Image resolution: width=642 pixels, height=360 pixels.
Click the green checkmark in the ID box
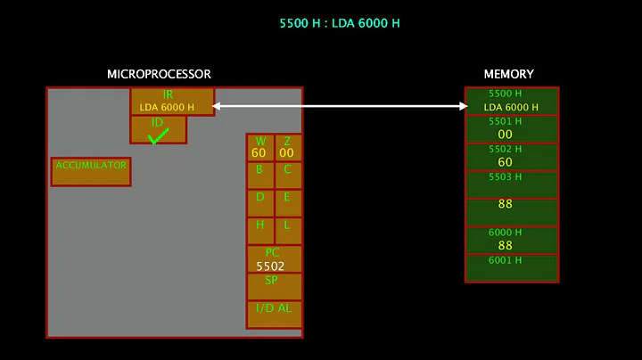click(x=159, y=136)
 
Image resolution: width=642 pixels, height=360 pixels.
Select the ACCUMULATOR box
click(x=91, y=171)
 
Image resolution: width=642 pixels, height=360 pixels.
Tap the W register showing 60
click(x=259, y=148)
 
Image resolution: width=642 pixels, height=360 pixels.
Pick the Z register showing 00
click(x=287, y=148)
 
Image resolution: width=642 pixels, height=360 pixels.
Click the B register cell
click(x=259, y=175)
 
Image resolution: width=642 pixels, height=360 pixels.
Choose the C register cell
click(x=287, y=175)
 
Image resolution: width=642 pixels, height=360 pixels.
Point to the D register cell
click(x=259, y=202)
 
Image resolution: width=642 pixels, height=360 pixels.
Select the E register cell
click(x=287, y=202)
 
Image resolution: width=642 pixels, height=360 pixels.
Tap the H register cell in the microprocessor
click(x=259, y=230)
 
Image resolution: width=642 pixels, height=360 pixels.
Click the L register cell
click(x=287, y=230)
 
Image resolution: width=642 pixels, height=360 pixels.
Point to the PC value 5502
click(x=270, y=266)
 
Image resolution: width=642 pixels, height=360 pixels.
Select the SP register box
click(x=274, y=286)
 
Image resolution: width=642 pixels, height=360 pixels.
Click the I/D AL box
click(x=274, y=314)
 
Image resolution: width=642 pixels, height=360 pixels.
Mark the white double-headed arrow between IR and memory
click(x=340, y=106)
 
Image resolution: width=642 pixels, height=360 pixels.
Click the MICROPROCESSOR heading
click(x=159, y=74)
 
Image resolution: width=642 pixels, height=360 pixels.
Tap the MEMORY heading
click(x=509, y=74)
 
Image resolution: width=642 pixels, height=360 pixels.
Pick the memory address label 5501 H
click(x=506, y=121)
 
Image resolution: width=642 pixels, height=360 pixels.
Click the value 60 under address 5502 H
click(x=506, y=162)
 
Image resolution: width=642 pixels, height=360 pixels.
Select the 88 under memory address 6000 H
click(x=506, y=245)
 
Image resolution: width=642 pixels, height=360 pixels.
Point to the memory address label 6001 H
click(x=506, y=260)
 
